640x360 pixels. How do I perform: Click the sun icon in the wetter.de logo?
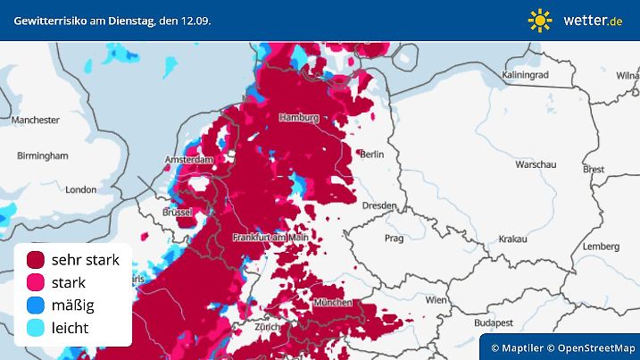tap(540, 20)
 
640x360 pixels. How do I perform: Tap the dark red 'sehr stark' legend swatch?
tap(37, 260)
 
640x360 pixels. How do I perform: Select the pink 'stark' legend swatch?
tap(37, 282)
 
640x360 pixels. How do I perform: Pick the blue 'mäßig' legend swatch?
tap(37, 306)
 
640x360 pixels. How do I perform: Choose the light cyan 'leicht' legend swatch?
tap(37, 328)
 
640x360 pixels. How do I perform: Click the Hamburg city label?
tap(299, 118)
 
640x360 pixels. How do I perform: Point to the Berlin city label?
tap(371, 155)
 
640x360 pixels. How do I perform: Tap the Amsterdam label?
tap(190, 160)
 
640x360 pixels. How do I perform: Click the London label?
tap(80, 189)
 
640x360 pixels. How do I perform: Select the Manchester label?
tap(36, 120)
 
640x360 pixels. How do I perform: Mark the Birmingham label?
tap(42, 155)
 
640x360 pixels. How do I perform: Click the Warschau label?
tap(536, 165)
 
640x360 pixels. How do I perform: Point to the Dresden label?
tap(379, 205)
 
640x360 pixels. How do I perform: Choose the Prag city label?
tap(394, 239)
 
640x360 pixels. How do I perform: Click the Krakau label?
tap(512, 239)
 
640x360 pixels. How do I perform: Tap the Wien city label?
tap(436, 300)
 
